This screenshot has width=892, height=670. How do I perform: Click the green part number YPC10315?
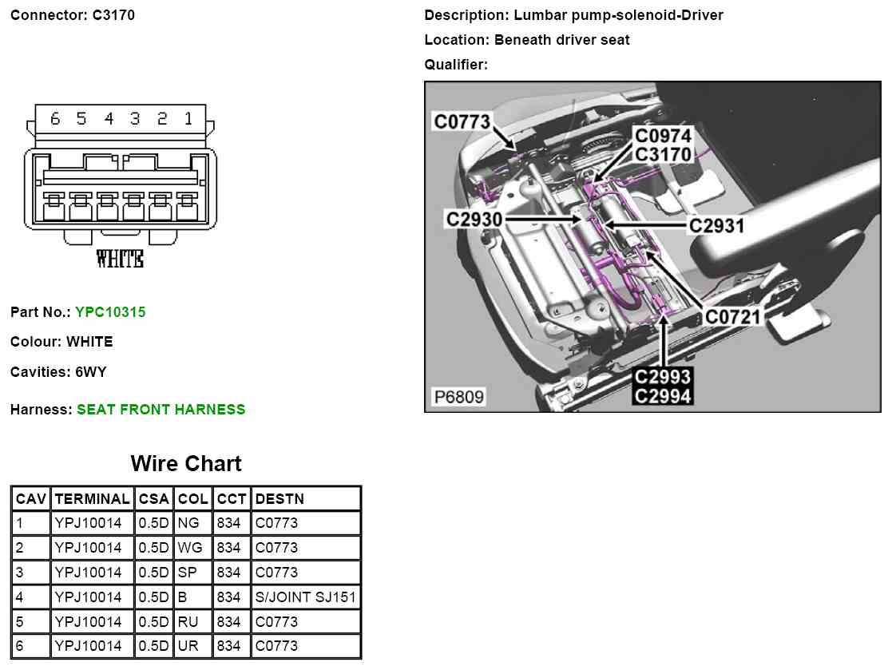[x=110, y=312]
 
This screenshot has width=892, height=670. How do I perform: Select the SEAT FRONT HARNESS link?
[x=161, y=410]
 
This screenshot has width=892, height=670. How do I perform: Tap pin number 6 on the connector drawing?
[x=55, y=119]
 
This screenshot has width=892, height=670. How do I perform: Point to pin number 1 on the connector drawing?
[x=188, y=119]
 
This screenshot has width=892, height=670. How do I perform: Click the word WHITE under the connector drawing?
[x=120, y=259]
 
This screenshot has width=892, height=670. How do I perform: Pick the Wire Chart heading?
[x=185, y=464]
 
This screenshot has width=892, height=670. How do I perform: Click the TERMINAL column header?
[x=92, y=499]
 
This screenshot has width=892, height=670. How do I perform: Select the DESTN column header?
[x=279, y=499]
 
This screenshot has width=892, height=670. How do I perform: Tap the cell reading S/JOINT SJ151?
[x=305, y=597]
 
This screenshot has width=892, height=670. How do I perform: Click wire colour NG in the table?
[x=188, y=524]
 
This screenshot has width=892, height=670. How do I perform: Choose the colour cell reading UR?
[x=188, y=646]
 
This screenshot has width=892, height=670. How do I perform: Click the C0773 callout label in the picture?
[x=462, y=121]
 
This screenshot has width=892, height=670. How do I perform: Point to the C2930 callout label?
[x=474, y=218]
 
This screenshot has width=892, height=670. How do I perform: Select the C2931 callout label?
[x=716, y=226]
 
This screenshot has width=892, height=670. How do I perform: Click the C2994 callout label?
[x=663, y=394]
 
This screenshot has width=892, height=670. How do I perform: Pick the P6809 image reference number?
[x=458, y=397]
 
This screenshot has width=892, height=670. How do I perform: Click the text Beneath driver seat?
[x=561, y=40]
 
